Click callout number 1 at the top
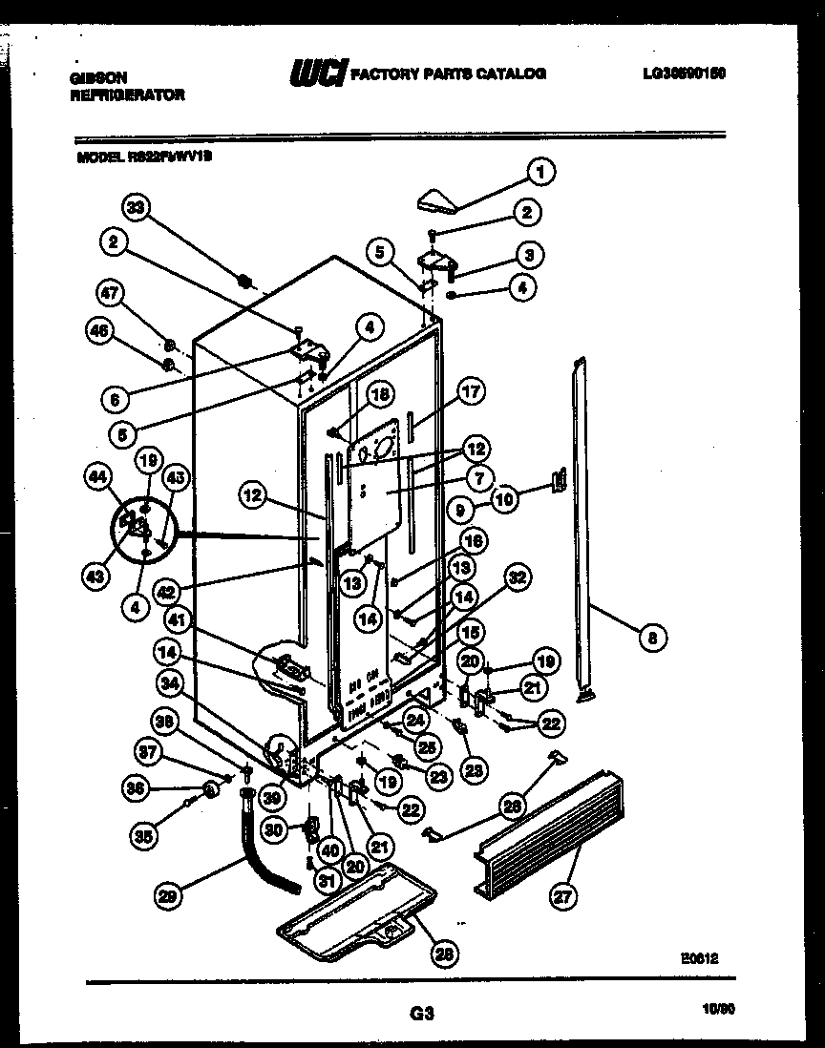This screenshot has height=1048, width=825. click(x=541, y=173)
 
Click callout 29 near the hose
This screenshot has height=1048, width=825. click(x=169, y=894)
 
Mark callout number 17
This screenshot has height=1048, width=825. click(x=471, y=390)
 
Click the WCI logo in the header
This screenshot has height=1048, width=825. click(x=317, y=73)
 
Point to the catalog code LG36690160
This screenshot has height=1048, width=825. click(x=677, y=73)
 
